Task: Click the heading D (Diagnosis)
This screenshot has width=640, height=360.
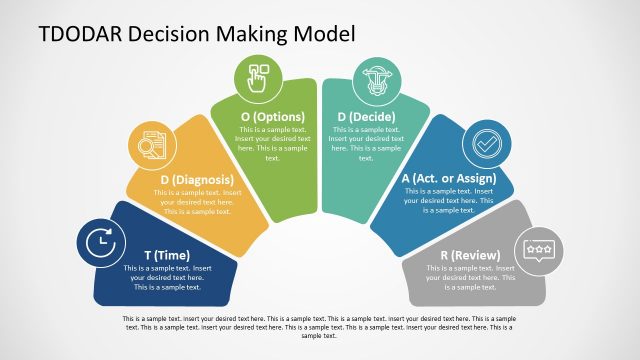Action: (x=197, y=180)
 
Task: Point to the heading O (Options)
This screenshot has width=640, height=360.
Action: (x=273, y=117)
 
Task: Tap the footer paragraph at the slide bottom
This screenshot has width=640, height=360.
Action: (x=320, y=326)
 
